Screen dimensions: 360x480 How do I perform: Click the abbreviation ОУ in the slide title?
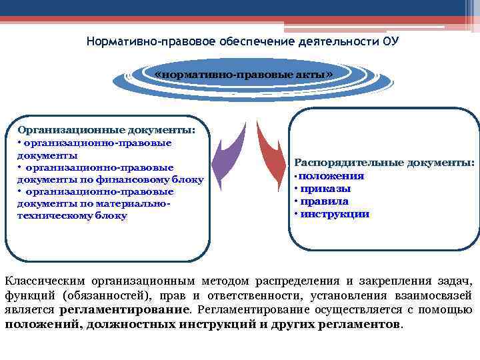click(391, 41)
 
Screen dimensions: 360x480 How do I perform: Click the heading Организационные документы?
click(107, 130)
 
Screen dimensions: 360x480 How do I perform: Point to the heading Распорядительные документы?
click(385, 163)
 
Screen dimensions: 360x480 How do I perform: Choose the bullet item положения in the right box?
click(331, 176)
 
